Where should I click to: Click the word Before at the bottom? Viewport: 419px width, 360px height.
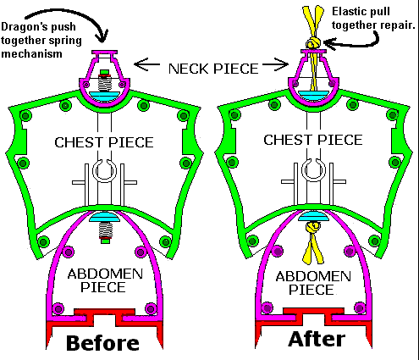coord(102,343)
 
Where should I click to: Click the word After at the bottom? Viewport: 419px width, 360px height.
coord(317,339)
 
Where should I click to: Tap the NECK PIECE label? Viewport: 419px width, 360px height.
coord(213,69)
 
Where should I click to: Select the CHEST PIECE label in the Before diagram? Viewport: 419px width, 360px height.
coord(104,142)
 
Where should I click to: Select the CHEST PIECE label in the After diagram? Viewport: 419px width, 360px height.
coord(313,140)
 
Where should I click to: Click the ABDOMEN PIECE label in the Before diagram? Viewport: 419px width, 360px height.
coord(105,280)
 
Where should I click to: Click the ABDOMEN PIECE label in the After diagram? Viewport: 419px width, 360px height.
coord(313,283)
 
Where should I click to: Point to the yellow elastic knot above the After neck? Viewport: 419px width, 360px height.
coord(313,43)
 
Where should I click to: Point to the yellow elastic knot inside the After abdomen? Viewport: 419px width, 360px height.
coord(313,227)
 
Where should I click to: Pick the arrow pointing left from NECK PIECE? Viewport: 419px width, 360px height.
coord(146,64)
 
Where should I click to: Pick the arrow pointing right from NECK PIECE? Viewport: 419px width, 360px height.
coord(275,64)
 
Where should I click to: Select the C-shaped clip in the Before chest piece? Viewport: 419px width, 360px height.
coord(104,170)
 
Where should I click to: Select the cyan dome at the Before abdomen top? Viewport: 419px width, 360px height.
coord(105,217)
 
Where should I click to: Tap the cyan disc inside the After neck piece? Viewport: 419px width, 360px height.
coord(313,94)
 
